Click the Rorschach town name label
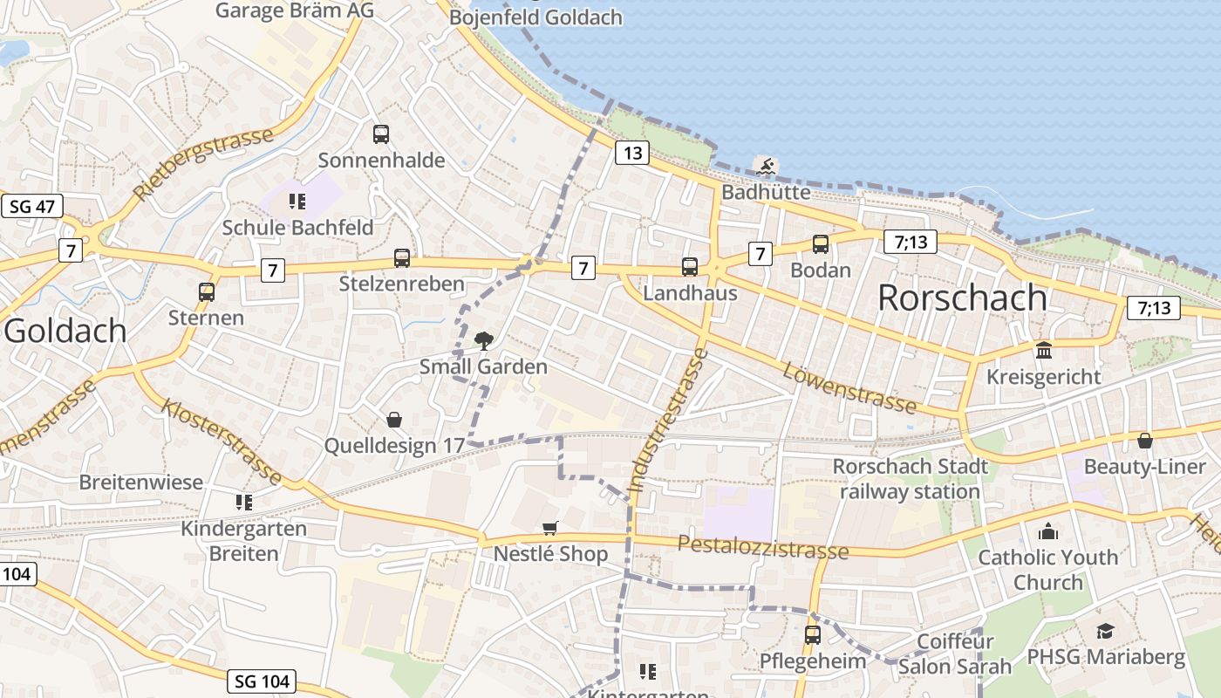[x=962, y=298]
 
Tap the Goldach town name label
[x=65, y=331]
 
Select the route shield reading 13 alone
[x=632, y=154]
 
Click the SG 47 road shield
[x=31, y=207]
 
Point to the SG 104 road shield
[x=264, y=681]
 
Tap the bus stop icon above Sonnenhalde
[x=381, y=134]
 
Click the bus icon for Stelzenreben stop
[x=401, y=258]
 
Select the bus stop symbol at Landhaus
[x=690, y=267]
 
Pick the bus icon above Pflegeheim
[x=813, y=634]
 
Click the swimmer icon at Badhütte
[x=766, y=166]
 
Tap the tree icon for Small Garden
[x=482, y=341]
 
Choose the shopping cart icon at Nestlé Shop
[x=549, y=528]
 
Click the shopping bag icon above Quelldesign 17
[x=394, y=420]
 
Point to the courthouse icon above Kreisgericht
[x=1043, y=351]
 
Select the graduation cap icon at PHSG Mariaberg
[x=1105, y=631]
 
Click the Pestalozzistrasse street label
[x=762, y=548]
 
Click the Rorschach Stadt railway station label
[x=910, y=479]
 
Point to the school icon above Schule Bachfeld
[x=297, y=202]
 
